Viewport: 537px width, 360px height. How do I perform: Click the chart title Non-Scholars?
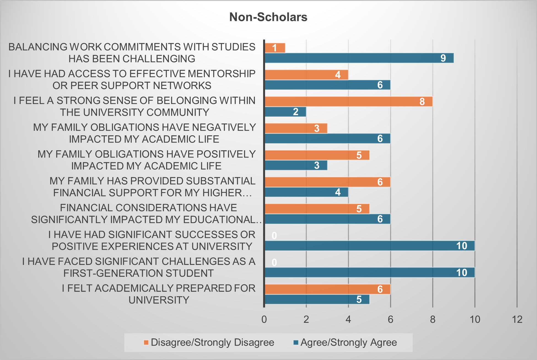click(x=268, y=17)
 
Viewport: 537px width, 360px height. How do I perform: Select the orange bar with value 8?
click(x=348, y=101)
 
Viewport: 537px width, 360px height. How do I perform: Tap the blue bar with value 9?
click(x=359, y=58)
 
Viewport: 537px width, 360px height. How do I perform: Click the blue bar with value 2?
click(x=285, y=112)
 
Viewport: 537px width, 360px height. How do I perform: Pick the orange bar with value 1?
click(x=275, y=48)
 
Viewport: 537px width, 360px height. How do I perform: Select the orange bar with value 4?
click(x=306, y=75)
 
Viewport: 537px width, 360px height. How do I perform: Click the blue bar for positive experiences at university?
click(x=369, y=246)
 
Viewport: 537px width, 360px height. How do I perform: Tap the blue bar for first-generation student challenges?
click(x=369, y=272)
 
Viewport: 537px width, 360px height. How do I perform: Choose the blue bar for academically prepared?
click(x=317, y=299)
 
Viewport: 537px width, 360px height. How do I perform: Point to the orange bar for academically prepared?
click(x=327, y=289)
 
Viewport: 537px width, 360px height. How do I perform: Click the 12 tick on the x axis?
click(x=517, y=319)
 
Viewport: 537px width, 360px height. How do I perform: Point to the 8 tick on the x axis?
click(x=433, y=319)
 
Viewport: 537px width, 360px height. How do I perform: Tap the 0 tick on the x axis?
click(x=264, y=319)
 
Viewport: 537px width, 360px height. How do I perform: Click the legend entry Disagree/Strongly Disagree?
click(x=212, y=342)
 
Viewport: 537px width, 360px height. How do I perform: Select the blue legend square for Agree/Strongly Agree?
click(x=296, y=343)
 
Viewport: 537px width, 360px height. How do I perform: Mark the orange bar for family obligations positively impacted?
click(x=317, y=155)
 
